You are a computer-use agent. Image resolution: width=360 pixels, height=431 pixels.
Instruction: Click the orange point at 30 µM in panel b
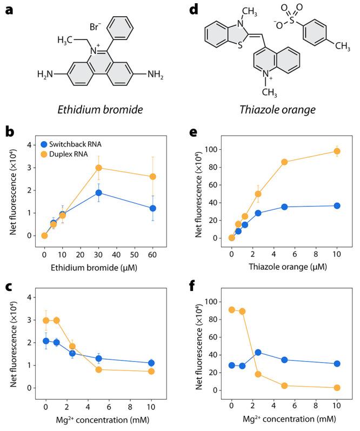point(99,168)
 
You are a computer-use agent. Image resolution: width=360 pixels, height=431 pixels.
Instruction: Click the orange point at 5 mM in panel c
point(99,369)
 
